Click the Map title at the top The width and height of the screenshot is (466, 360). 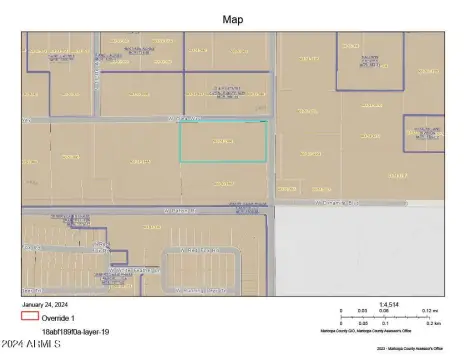(232, 18)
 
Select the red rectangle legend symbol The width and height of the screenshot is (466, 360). (30, 316)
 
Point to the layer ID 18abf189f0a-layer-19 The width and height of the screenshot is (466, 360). (76, 330)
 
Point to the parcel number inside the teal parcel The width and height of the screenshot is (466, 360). (223, 140)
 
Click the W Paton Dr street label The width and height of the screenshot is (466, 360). (176, 211)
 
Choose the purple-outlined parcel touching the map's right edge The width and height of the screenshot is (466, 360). (424, 133)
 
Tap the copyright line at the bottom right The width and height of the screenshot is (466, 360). (410, 348)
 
